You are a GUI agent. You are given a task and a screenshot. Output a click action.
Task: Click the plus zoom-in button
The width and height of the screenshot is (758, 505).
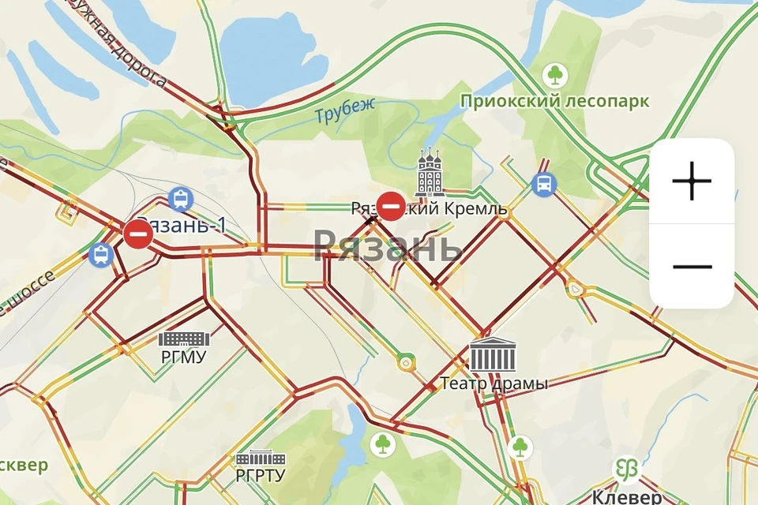(692, 181)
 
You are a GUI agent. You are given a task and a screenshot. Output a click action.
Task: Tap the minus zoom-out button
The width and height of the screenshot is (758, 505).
(692, 267)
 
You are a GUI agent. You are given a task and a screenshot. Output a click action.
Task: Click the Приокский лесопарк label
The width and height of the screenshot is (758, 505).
(555, 101)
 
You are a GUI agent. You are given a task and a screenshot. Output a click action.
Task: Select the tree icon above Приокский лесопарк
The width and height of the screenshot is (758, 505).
(556, 76)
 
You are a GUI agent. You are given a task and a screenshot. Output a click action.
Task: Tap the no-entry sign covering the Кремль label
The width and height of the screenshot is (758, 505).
(391, 207)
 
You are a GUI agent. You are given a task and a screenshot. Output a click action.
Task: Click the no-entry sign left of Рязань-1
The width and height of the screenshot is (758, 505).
(138, 234)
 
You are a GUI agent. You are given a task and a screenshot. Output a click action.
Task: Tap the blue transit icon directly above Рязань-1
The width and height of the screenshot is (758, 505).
(182, 199)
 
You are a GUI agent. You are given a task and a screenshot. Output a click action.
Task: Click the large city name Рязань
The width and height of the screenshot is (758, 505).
(388, 247)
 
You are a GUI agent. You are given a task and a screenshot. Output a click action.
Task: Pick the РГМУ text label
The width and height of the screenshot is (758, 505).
(183, 357)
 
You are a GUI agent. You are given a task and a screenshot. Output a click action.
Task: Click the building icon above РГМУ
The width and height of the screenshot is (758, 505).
(184, 339)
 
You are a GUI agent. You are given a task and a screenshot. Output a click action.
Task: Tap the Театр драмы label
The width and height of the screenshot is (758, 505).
(493, 383)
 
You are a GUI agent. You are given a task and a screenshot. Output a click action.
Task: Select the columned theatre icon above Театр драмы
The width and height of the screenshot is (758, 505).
(493, 355)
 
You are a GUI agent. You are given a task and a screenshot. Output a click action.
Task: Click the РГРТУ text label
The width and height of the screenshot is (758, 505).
(261, 476)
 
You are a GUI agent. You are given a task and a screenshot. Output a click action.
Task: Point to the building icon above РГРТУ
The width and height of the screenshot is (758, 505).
(261, 458)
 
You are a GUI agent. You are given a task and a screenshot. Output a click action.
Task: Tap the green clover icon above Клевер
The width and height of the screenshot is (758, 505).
(629, 469)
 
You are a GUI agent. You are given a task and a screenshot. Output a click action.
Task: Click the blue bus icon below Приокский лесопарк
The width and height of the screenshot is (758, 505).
(544, 185)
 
